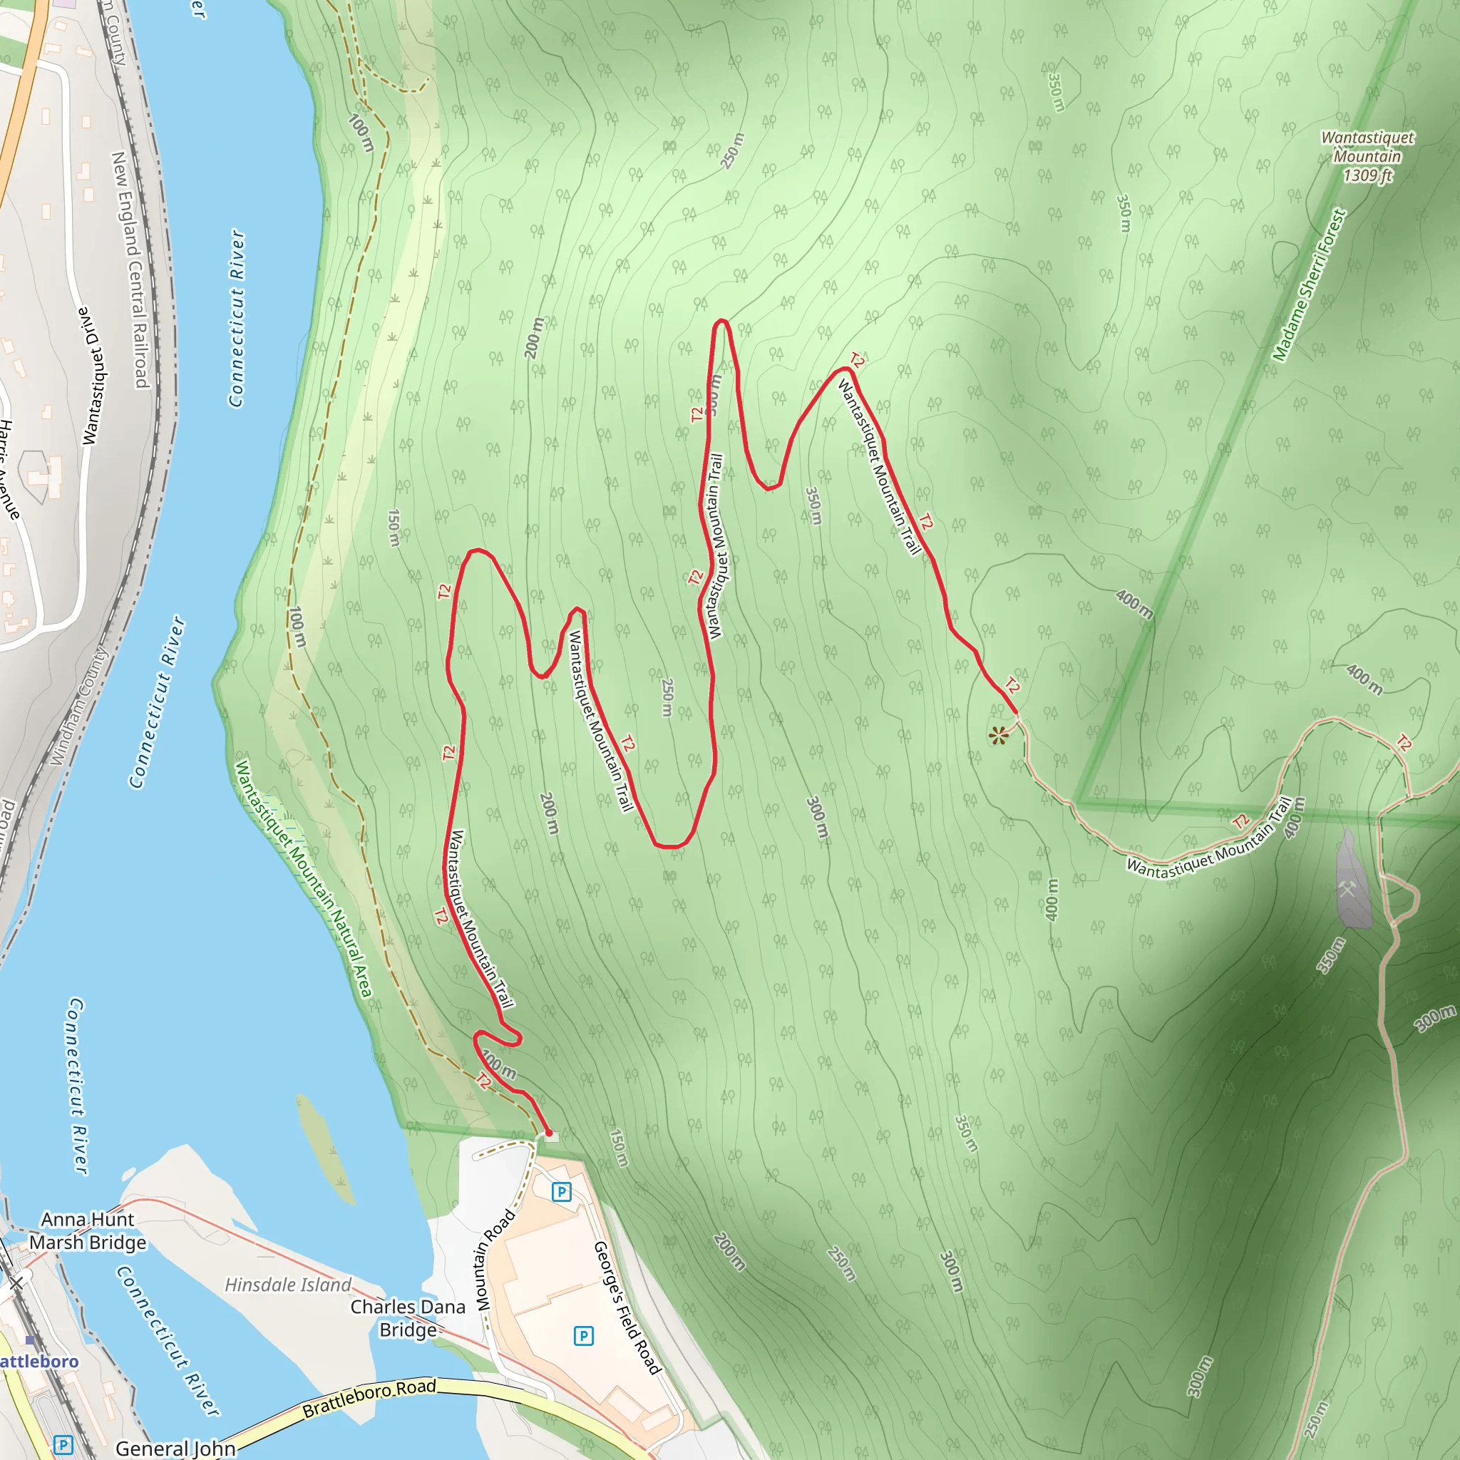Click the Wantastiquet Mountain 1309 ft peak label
click(1367, 156)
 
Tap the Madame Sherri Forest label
click(1309, 286)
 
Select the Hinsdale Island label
click(288, 1285)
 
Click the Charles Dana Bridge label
click(408, 1318)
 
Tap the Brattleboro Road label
click(369, 1398)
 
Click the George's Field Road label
click(627, 1307)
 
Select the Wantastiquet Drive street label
click(95, 376)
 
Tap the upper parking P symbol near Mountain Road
click(561, 1193)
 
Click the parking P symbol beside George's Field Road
click(583, 1336)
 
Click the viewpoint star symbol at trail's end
click(998, 735)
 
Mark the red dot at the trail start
click(549, 1133)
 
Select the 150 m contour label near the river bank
click(394, 528)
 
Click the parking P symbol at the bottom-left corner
click(63, 1445)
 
